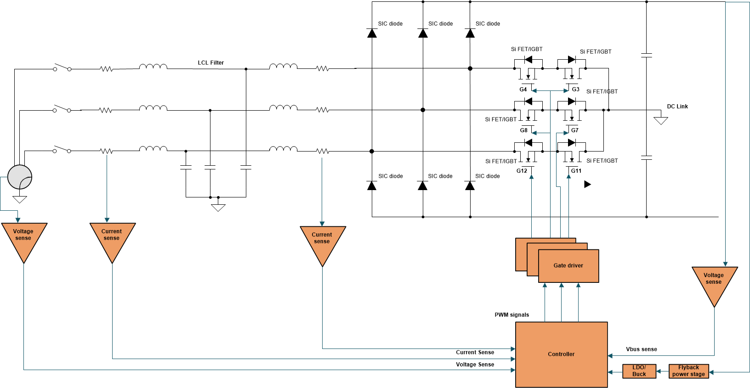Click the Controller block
561,354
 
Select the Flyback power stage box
688,371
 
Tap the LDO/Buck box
639,371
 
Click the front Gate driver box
568,266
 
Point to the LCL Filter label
211,63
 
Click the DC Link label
677,107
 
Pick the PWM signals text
511,315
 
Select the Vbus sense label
641,349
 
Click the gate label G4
523,90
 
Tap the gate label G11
576,171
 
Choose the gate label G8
523,130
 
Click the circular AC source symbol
20,177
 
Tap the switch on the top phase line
62,68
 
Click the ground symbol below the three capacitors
218,208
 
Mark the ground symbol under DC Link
661,121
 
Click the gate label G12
522,171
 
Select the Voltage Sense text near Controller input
475,365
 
